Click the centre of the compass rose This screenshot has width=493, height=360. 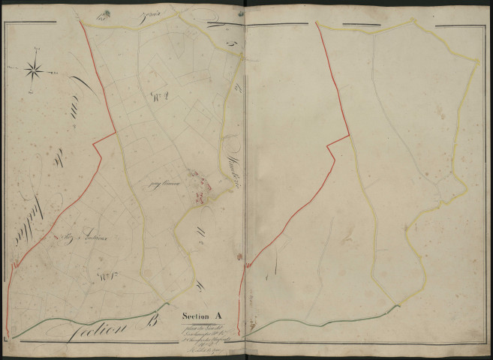pyautogui.click(x=34, y=70)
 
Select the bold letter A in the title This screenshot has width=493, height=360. pyautogui.click(x=222, y=315)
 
